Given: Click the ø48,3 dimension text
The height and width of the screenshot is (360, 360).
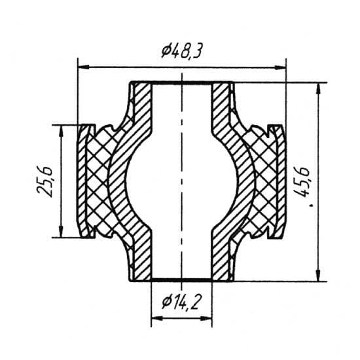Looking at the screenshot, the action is pyautogui.click(x=181, y=51).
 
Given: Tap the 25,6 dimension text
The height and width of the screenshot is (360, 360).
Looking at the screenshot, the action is pyautogui.click(x=45, y=181).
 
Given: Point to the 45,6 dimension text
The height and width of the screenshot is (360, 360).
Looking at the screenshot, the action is pyautogui.click(x=302, y=183).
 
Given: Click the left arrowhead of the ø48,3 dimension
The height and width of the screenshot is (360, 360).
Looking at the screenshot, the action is pyautogui.click(x=84, y=67).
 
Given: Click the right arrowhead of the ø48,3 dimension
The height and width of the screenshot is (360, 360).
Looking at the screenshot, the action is pyautogui.click(x=280, y=67).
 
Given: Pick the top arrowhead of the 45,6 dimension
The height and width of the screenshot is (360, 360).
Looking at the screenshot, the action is pyautogui.click(x=318, y=88).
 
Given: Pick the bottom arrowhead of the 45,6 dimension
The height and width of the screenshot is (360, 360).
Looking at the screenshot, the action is pyautogui.click(x=318, y=276).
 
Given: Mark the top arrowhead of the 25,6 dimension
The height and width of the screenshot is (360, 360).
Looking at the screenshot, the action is pyautogui.click(x=61, y=130).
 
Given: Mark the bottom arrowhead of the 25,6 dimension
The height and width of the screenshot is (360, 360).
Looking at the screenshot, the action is pyautogui.click(x=61, y=232).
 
